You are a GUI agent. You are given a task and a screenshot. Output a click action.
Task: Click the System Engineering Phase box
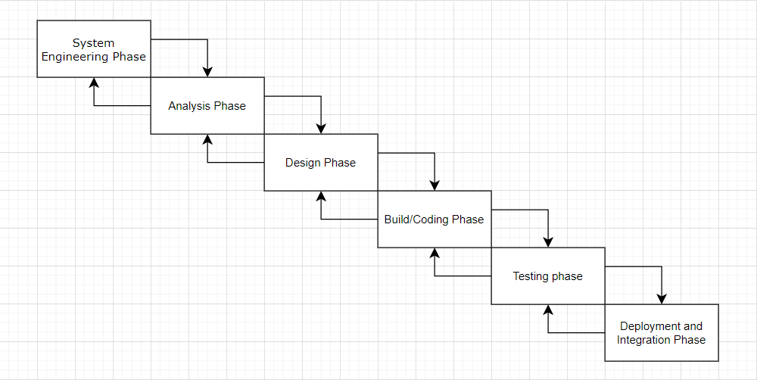click(94, 49)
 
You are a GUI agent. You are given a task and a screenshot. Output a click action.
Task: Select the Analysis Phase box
click(207, 106)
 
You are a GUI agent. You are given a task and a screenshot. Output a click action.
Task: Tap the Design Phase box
click(320, 163)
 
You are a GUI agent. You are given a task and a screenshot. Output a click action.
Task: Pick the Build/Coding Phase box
click(434, 220)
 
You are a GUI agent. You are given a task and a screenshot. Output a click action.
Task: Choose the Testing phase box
click(547, 276)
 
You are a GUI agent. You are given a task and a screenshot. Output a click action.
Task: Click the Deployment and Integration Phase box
click(661, 333)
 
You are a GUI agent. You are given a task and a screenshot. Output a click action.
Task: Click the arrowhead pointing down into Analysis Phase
click(207, 71)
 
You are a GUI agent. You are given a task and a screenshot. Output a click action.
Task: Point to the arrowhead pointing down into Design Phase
click(321, 128)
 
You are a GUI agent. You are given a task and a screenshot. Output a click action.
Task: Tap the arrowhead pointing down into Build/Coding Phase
click(435, 185)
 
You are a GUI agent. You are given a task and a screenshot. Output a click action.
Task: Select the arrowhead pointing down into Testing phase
click(548, 241)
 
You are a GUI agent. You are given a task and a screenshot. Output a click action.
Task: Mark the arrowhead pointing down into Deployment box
click(662, 298)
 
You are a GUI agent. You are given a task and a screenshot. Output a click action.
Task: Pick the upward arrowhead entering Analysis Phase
click(207, 140)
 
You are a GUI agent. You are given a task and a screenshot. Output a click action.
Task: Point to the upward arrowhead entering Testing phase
click(548, 310)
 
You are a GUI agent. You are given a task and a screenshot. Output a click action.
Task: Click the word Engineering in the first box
click(75, 57)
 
